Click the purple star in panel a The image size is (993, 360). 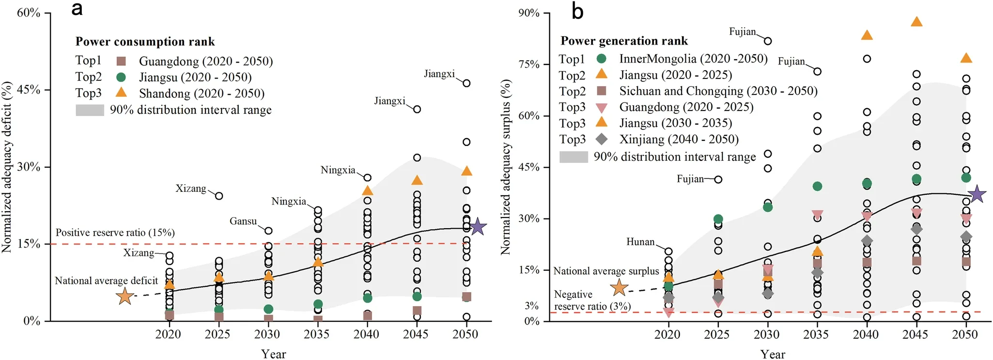pyautogui.click(x=478, y=226)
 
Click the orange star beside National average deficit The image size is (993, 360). pyautogui.click(x=125, y=296)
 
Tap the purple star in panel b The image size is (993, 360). pyautogui.click(x=977, y=194)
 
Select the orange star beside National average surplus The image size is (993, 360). pyautogui.click(x=620, y=288)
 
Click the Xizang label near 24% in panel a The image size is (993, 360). pyautogui.click(x=191, y=188)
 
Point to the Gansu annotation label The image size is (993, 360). pyautogui.click(x=243, y=221)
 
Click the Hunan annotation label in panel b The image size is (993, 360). pyautogui.click(x=640, y=242)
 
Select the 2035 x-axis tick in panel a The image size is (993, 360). pyautogui.click(x=316, y=334)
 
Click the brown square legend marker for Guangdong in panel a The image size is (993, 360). pyautogui.click(x=122, y=61)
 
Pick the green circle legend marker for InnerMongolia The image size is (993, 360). pyautogui.click(x=602, y=59)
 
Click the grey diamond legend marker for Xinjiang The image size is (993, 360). pyautogui.click(x=602, y=140)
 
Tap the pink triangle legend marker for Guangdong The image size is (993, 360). pyautogui.click(x=602, y=108)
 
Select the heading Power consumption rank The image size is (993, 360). pyautogui.click(x=145, y=42)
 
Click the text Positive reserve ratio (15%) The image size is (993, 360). pyautogui.click(x=115, y=233)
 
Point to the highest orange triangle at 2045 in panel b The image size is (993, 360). pyautogui.click(x=916, y=22)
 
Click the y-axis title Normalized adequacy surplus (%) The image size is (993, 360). pyautogui.click(x=506, y=167)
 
